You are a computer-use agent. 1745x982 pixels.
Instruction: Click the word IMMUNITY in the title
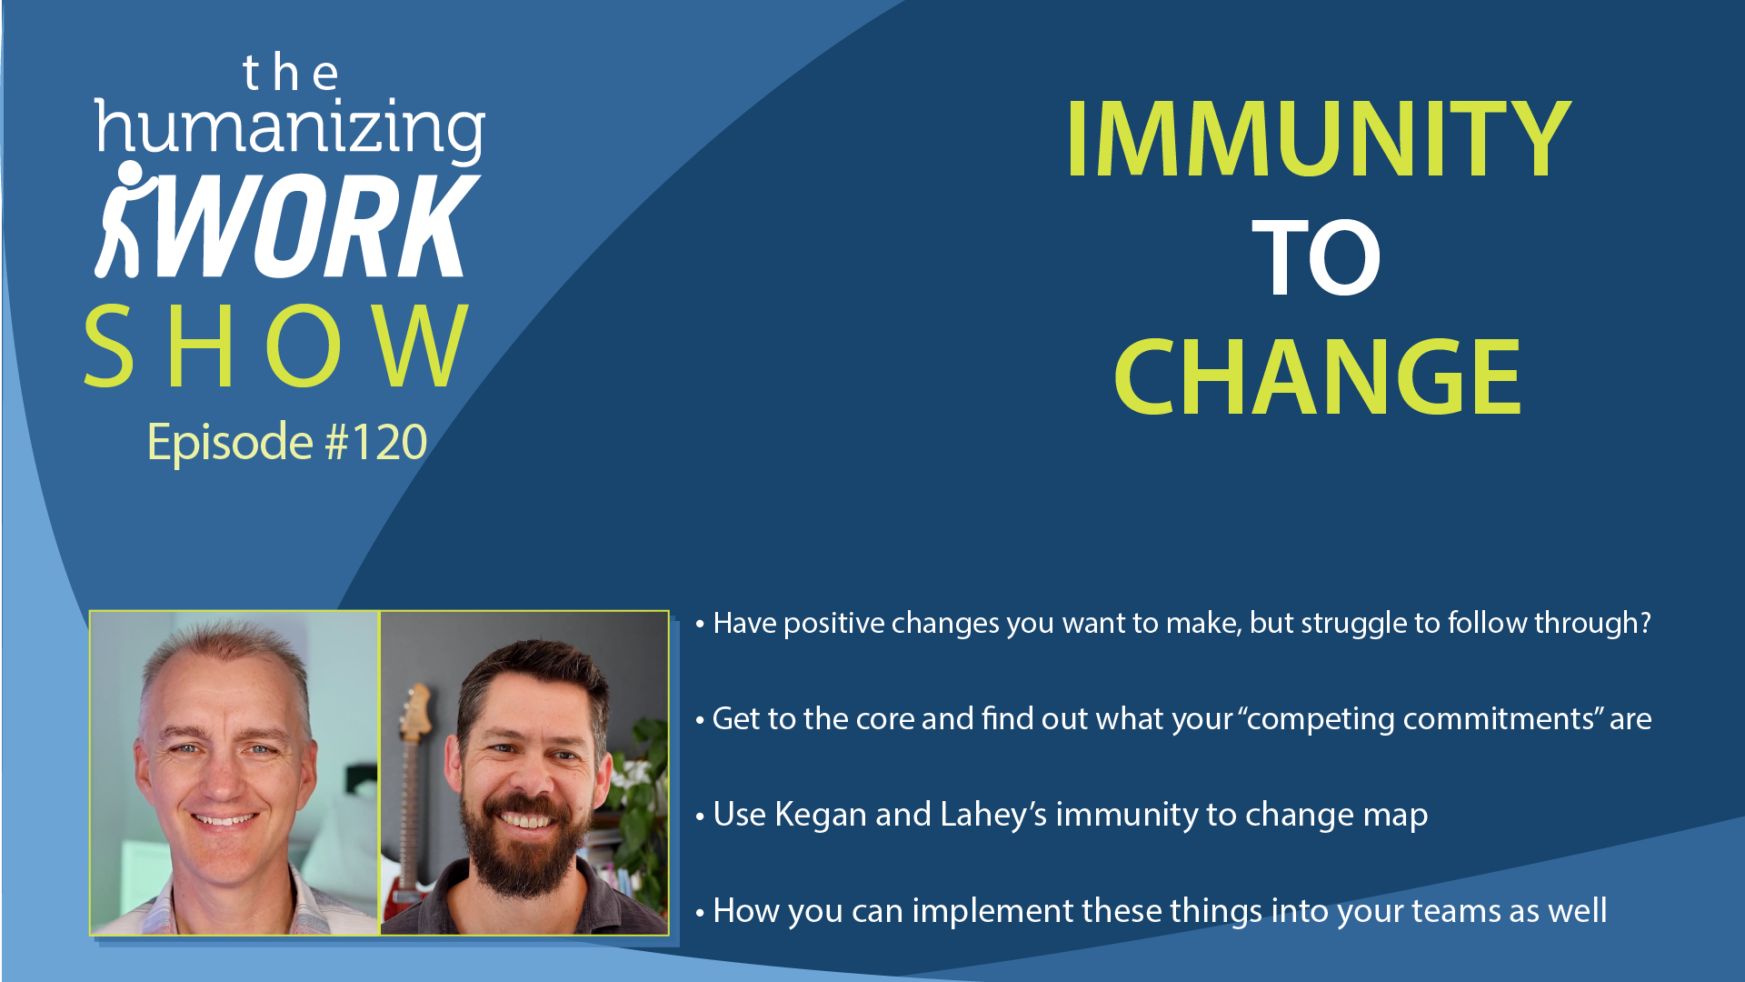click(1318, 138)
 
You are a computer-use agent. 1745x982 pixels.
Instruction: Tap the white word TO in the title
click(1316, 257)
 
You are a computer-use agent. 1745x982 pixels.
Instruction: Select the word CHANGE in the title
click(1317, 376)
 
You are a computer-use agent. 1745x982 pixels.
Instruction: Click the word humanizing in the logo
click(290, 129)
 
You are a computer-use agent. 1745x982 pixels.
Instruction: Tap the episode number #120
click(376, 443)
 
